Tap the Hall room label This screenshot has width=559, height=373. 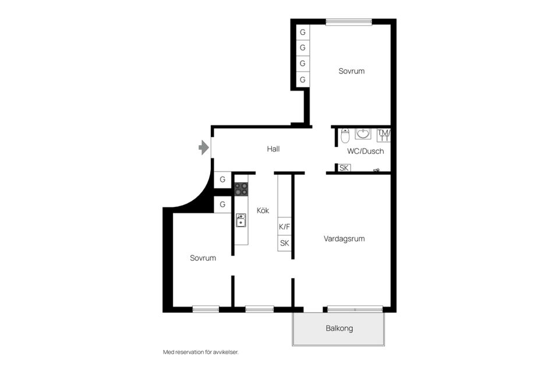[273, 149]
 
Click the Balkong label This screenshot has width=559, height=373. [339, 328]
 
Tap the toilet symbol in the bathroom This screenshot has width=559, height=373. [345, 136]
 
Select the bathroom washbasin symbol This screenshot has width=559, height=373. [363, 133]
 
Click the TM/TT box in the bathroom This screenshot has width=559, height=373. [384, 135]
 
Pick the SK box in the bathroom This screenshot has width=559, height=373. [344, 168]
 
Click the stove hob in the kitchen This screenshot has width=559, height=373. [241, 189]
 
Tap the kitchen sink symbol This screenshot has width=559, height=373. [240, 220]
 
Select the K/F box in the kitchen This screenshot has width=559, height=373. [285, 227]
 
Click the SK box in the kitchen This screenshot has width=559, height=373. [285, 243]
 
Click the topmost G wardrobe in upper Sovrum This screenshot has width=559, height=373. [303, 32]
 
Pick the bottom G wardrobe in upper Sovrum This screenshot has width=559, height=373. [303, 79]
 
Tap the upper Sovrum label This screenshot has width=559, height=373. [351, 71]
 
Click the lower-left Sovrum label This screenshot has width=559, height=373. [203, 258]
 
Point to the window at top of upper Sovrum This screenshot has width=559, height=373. [349, 22]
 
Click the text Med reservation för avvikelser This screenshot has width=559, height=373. [201, 352]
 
